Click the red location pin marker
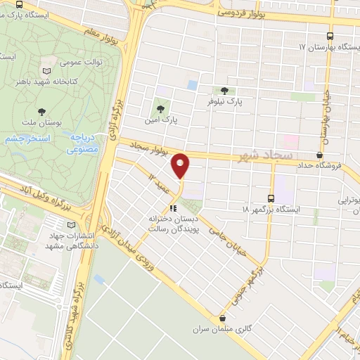tap(181, 165)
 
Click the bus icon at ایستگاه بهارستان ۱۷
tap(331, 36)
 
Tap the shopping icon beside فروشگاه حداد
tap(320, 155)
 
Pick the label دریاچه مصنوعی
tap(83, 143)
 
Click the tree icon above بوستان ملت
tap(41, 112)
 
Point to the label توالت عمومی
tap(86, 61)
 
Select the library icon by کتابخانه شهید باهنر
tap(47, 72)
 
